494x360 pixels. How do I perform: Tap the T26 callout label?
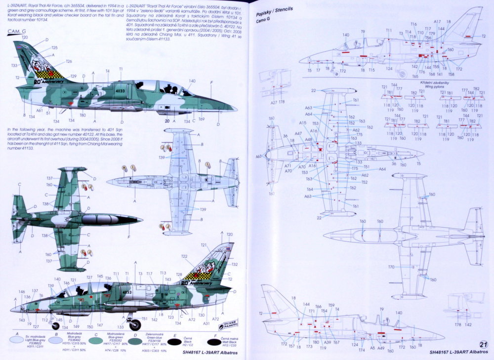pyautogui.click(x=68, y=61)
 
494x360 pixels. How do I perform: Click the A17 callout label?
pyautogui.click(x=437, y=22)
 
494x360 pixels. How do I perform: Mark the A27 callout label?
pyautogui.click(x=274, y=102)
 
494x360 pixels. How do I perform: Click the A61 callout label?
pyautogui.click(x=40, y=110)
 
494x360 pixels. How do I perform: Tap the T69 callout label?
pyautogui.click(x=201, y=119)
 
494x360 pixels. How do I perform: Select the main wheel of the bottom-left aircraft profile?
pyautogui.click(x=134, y=324)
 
